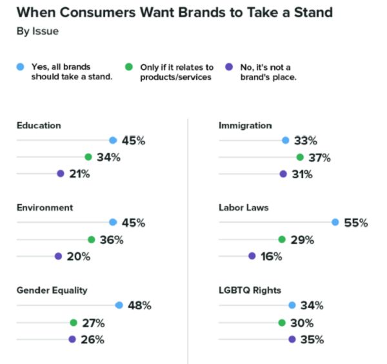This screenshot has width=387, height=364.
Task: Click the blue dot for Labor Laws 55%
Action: [x=335, y=223]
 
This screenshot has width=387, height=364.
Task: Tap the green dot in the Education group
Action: [x=88, y=157]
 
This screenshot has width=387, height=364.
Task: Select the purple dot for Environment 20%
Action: [x=58, y=256]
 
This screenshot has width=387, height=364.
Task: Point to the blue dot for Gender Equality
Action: [x=119, y=305]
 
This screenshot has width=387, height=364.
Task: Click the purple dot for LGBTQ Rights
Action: [x=292, y=339]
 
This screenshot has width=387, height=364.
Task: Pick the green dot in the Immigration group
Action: [x=300, y=157]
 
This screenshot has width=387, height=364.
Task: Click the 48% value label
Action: [x=139, y=305]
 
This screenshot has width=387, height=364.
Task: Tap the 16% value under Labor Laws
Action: [x=272, y=256]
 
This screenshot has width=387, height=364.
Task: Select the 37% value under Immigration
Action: [x=319, y=157]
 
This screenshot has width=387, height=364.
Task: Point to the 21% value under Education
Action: [x=79, y=174]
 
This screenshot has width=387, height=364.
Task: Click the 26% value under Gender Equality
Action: [x=92, y=339]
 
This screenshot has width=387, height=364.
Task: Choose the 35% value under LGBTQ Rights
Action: [x=312, y=339]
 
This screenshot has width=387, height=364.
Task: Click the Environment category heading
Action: [x=45, y=208]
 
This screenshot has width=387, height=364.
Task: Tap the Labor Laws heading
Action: [x=244, y=208]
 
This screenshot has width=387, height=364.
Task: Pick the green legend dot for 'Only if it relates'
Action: [x=128, y=66]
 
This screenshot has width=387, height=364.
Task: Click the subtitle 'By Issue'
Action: [x=37, y=31]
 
